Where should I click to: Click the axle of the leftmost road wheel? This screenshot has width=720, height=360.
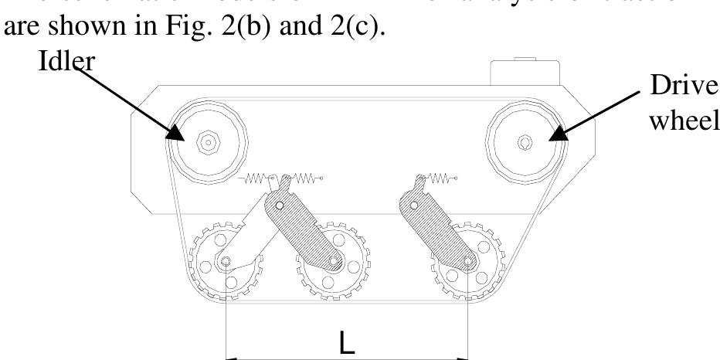click(x=225, y=262)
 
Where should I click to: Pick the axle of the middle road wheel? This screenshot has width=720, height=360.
click(x=334, y=262)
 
